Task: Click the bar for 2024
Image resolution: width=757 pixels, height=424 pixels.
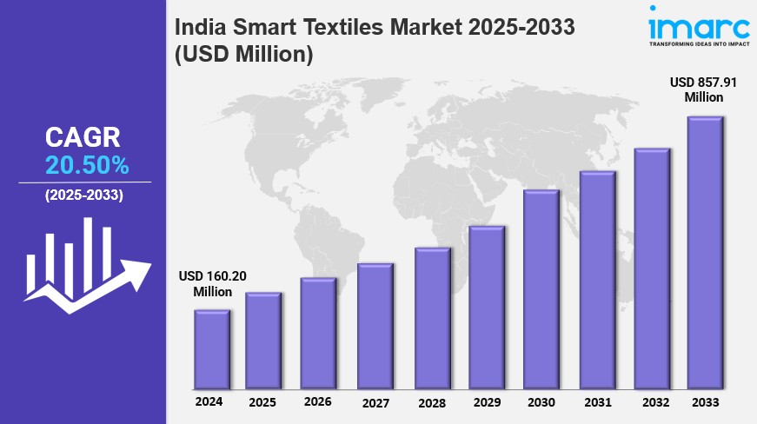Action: pyautogui.click(x=212, y=349)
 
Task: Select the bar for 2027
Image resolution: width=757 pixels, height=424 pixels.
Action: pyautogui.click(x=375, y=326)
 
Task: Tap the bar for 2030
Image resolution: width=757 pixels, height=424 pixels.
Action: pyautogui.click(x=541, y=289)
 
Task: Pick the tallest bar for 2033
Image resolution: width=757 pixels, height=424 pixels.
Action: pyautogui.click(x=706, y=253)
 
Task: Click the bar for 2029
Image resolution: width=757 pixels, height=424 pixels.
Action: pyautogui.click(x=487, y=308)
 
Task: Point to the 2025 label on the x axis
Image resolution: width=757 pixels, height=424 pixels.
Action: pyautogui.click(x=262, y=403)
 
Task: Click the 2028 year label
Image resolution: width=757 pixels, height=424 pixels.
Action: pyautogui.click(x=431, y=403)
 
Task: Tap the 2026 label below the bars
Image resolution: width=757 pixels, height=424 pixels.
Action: pyautogui.click(x=318, y=402)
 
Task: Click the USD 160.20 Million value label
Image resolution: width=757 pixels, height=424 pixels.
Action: pyautogui.click(x=213, y=284)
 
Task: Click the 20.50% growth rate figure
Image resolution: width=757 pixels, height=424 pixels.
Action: pyautogui.click(x=87, y=165)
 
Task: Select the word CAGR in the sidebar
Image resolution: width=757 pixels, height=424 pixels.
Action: pyautogui.click(x=83, y=137)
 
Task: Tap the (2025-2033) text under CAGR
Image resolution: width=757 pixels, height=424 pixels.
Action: pyautogui.click(x=84, y=195)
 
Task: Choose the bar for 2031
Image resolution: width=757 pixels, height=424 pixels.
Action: pyautogui.click(x=597, y=280)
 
